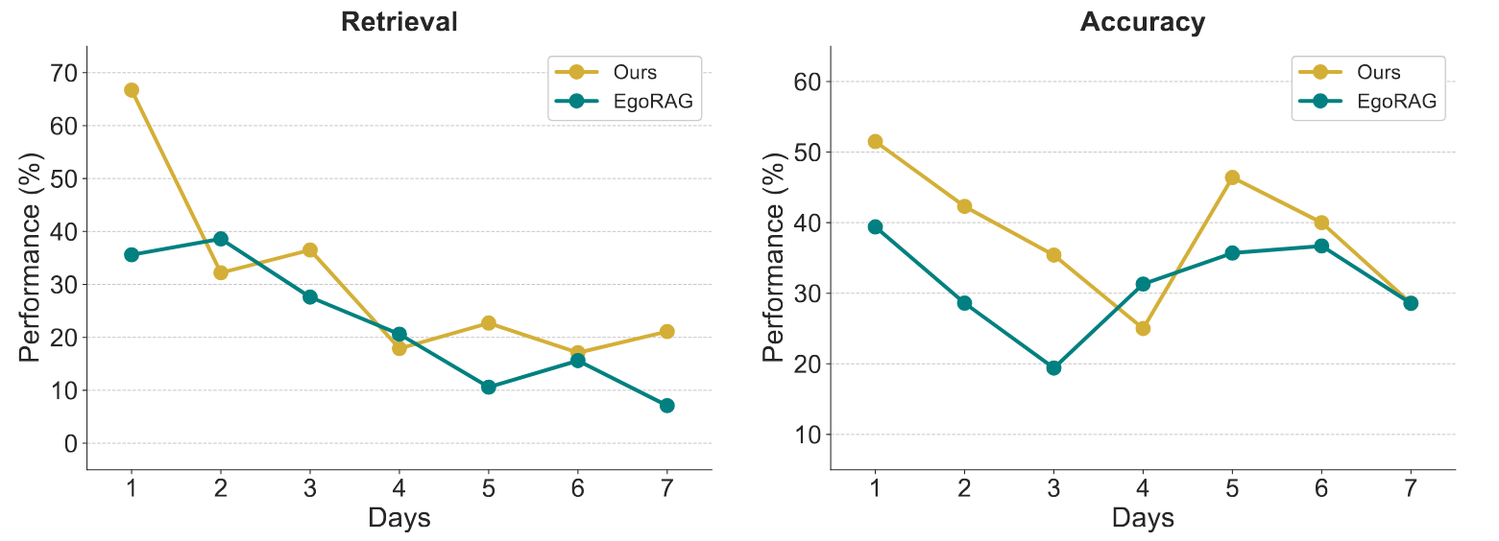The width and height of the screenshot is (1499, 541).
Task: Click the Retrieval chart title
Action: pos(399,22)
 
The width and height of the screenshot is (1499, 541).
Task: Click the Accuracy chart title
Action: pos(1142,22)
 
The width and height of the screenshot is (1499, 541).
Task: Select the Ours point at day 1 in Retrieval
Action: pos(132,90)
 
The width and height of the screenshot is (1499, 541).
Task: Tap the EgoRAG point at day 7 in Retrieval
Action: pos(666,406)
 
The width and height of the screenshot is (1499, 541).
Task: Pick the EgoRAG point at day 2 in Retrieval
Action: pos(221,238)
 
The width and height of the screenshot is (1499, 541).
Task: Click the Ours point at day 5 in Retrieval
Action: pos(488,323)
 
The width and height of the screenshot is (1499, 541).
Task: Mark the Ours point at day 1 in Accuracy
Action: pos(875,141)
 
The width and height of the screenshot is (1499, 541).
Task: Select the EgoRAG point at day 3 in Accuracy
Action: pos(1053,367)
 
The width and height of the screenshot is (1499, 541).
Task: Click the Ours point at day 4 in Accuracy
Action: pos(1143,328)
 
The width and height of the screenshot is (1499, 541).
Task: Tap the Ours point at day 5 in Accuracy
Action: pos(1232,177)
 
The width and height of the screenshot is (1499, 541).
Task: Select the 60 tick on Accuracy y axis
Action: pos(809,82)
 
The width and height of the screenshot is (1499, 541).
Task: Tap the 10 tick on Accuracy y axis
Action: pos(809,435)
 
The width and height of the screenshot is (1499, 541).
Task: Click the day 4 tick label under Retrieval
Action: pos(399,487)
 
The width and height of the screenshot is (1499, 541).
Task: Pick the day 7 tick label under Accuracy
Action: pos(1410,487)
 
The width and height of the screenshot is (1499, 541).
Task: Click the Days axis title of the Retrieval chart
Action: pos(399,519)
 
